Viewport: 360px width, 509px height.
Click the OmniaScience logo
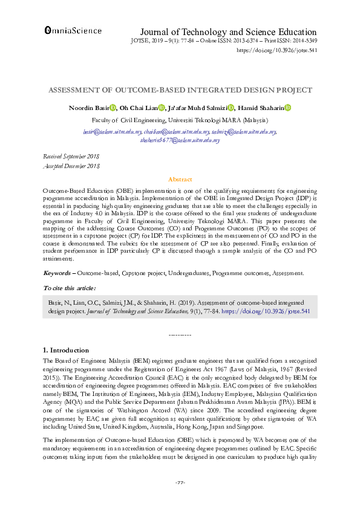pyautogui.click(x=73, y=29)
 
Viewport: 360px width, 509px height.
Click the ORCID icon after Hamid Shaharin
pyautogui.click(x=288, y=108)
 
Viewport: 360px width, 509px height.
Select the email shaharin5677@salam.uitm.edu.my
pyautogui.click(x=180, y=140)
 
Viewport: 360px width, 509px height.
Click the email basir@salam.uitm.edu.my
pyautogui.click(x=104, y=132)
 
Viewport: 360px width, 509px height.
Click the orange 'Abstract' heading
pyautogui.click(x=180, y=180)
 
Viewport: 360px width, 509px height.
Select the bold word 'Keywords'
pyautogui.click(x=59, y=273)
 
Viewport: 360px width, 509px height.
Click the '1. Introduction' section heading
pyautogui.click(x=67, y=350)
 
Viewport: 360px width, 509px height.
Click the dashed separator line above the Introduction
pyautogui.click(x=180, y=334)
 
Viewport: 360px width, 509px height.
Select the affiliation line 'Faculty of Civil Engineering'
pyautogui.click(x=180, y=120)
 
